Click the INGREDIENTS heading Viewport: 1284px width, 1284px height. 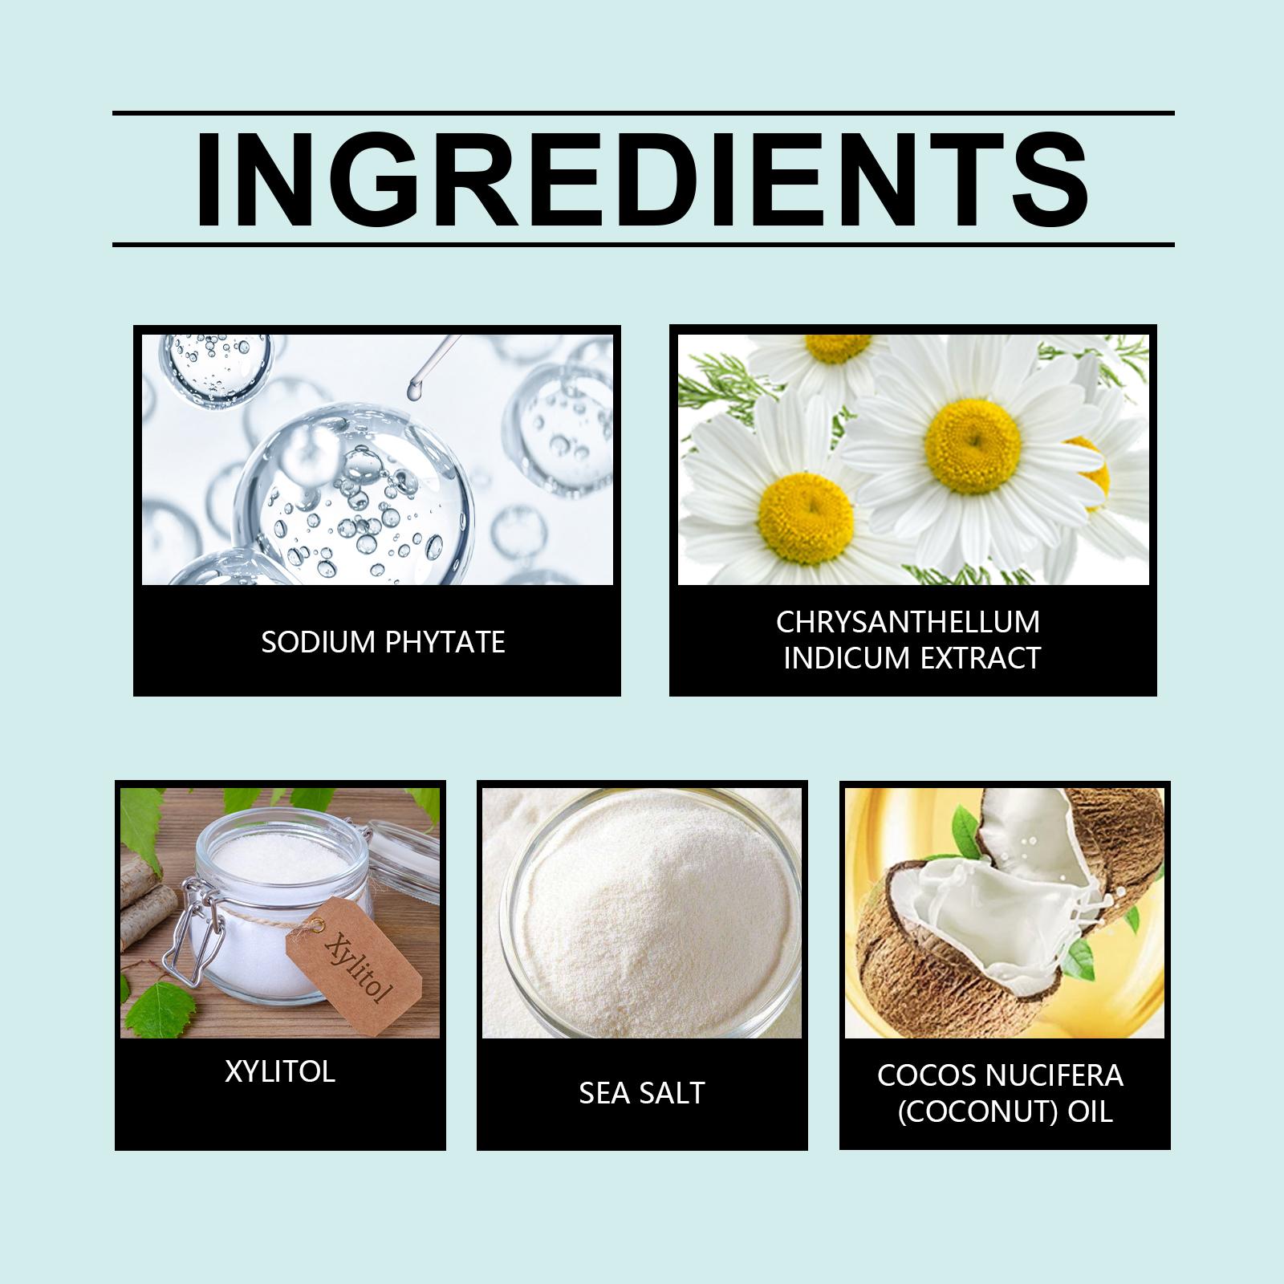click(x=642, y=179)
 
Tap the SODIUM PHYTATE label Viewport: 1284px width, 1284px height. click(x=383, y=642)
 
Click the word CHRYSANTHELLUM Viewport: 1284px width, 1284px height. click(x=908, y=622)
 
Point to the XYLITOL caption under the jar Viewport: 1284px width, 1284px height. click(x=279, y=1071)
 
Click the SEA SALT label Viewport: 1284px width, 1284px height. click(x=642, y=1092)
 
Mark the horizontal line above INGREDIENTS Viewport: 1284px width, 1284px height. click(x=643, y=113)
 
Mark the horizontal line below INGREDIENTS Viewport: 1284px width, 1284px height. click(x=643, y=243)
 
